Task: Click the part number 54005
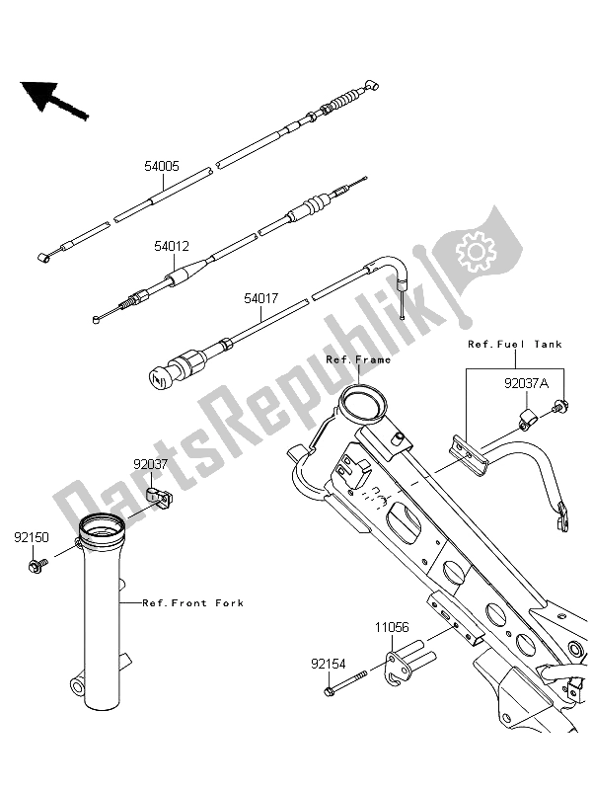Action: pyautogui.click(x=161, y=168)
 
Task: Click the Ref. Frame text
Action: pyautogui.click(x=358, y=360)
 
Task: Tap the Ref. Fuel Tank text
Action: pyautogui.click(x=514, y=345)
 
